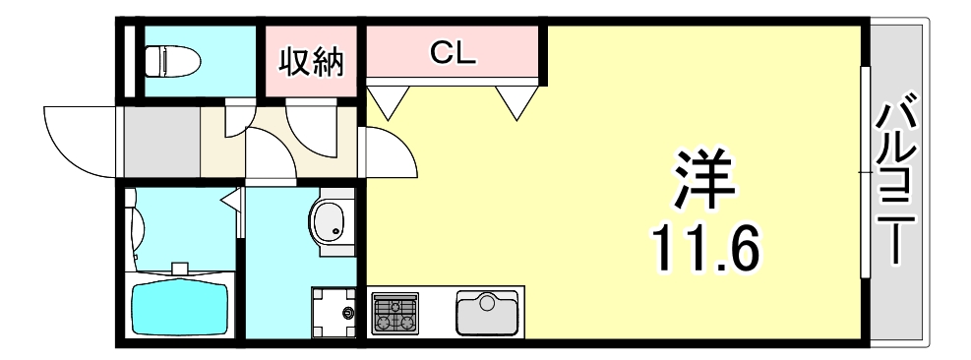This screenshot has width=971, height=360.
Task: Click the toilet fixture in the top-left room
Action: pos(172,62)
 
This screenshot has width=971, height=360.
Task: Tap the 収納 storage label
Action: pos(311,62)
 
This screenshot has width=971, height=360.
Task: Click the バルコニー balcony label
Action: pos(898,182)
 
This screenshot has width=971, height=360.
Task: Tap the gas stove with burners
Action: pos(395,313)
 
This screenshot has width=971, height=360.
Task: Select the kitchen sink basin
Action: pos(487,313)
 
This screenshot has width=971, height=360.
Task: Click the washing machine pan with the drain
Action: pos(334,312)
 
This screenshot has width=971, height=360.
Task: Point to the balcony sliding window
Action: pos(865,172)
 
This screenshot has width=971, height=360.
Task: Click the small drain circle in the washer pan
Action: pos(348,314)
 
